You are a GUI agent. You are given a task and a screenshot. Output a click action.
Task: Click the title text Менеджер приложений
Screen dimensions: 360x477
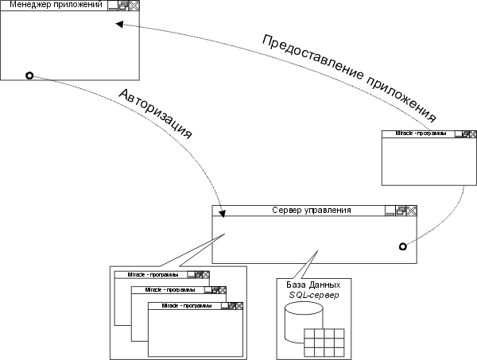pyautogui.click(x=55, y=6)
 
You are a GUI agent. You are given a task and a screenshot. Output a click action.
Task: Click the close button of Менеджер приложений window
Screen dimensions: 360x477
pyautogui.click(x=133, y=6)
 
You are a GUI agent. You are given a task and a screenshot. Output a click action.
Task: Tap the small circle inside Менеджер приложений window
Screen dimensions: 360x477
pyautogui.click(x=29, y=75)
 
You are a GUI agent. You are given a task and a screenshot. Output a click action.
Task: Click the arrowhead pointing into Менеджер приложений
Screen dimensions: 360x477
pyautogui.click(x=119, y=25)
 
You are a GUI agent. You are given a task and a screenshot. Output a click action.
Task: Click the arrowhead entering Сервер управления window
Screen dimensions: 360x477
pyautogui.click(x=221, y=213)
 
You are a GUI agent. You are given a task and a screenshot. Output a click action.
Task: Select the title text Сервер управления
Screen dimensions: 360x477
pyautogui.click(x=312, y=211)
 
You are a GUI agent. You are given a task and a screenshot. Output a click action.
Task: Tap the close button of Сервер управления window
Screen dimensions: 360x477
pyautogui.click(x=412, y=211)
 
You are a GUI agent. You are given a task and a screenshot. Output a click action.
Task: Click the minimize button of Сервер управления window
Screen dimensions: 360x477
pyautogui.click(x=390, y=211)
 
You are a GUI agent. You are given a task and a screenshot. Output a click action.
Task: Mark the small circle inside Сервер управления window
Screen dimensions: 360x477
pyautogui.click(x=402, y=245)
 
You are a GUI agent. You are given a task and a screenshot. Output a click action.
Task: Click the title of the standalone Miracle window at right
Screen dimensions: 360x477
pyautogui.click(x=421, y=134)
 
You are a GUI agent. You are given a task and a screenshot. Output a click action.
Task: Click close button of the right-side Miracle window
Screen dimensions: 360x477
pyautogui.click(x=471, y=134)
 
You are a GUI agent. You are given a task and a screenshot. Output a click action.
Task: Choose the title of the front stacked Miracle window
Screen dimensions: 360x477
pyautogui.click(x=181, y=305)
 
